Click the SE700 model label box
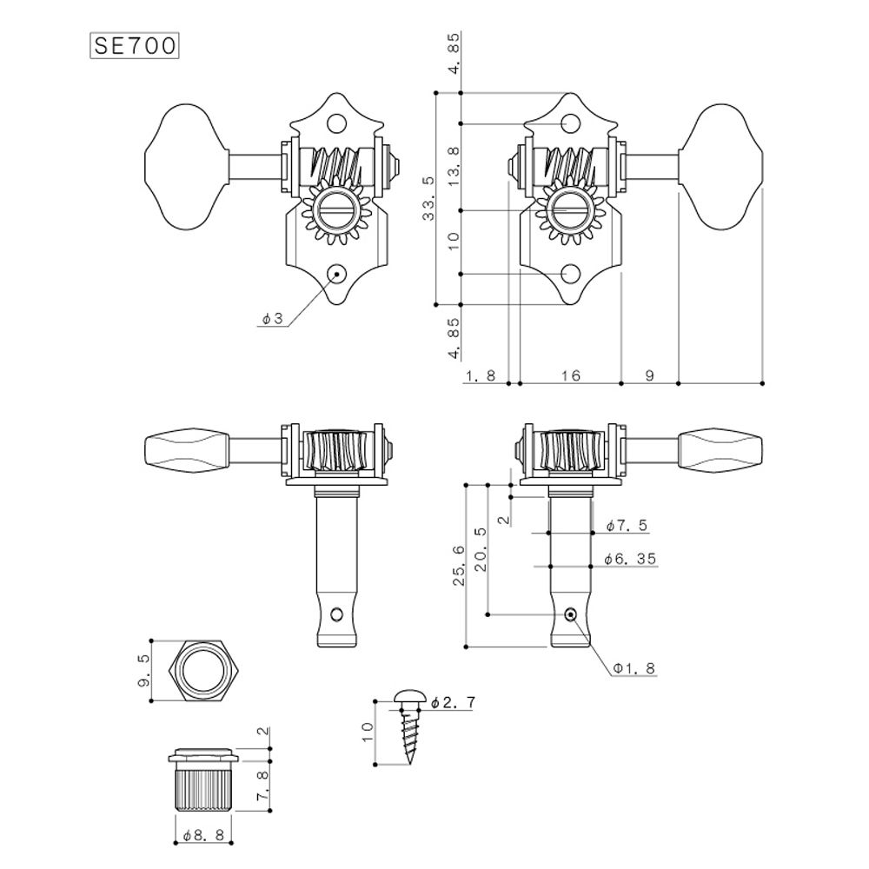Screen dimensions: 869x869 click(135, 45)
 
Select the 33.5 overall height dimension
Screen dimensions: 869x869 click(428, 198)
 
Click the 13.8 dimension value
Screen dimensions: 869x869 click(453, 167)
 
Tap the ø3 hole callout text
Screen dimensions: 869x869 click(272, 320)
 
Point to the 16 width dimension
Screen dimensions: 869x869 click(570, 375)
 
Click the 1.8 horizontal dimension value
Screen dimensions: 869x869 click(481, 375)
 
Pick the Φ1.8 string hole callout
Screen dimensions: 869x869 click(634, 668)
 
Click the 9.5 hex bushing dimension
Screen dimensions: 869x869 click(145, 670)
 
